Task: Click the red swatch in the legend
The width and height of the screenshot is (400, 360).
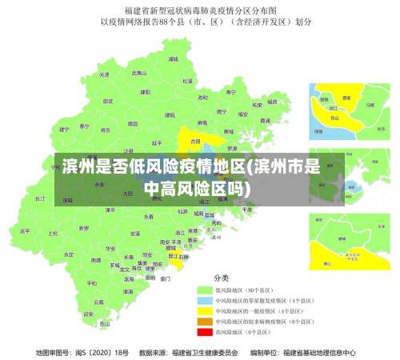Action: coord(205,331)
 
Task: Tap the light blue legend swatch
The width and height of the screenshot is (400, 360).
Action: coord(205,299)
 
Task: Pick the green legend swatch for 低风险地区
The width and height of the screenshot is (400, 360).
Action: coord(205,289)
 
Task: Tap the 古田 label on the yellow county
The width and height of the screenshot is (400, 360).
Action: coord(194,140)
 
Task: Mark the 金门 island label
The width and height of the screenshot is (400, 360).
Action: coord(165,279)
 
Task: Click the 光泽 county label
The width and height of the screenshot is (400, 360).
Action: coord(103,74)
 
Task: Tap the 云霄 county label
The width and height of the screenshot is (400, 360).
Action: coord(98,302)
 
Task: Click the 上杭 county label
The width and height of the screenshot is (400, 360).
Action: coord(53,234)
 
